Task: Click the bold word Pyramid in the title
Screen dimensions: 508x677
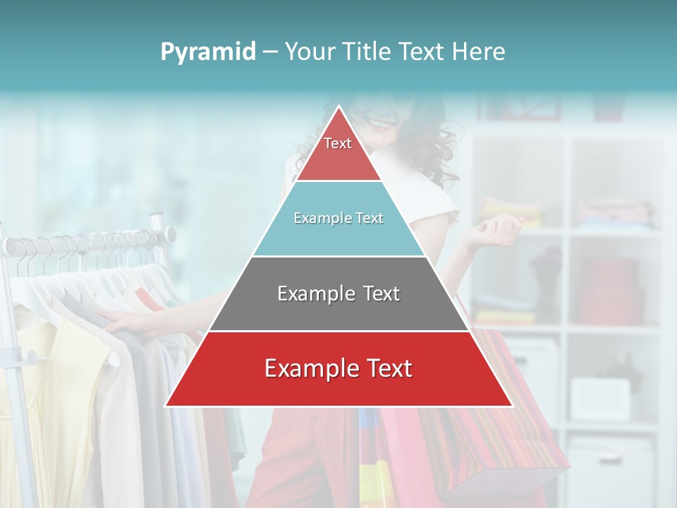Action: click(x=207, y=52)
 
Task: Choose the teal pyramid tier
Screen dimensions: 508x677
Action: click(x=338, y=219)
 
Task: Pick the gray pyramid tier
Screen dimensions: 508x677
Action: click(x=338, y=294)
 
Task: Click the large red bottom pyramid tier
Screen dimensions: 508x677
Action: click(x=338, y=369)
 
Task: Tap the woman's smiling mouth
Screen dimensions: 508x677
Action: click(x=382, y=124)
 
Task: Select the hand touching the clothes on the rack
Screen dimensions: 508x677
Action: click(x=127, y=321)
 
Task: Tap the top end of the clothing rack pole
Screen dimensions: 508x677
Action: click(x=170, y=232)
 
